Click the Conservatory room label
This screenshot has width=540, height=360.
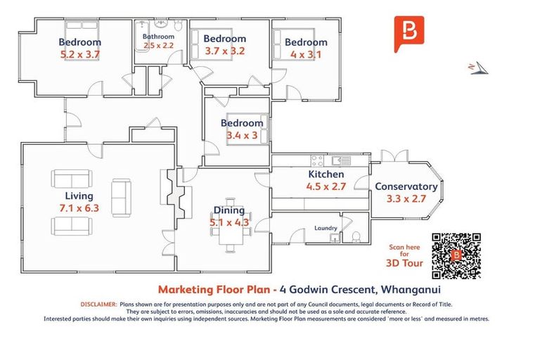[x=406, y=186]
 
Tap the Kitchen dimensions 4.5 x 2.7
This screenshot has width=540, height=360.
[x=326, y=187]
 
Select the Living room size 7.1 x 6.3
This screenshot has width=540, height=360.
[x=79, y=208]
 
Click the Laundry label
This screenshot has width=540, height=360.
[x=326, y=228]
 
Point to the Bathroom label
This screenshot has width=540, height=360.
[x=158, y=36]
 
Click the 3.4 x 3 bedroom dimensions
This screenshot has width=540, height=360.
[x=242, y=135]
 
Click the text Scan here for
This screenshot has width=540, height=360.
[x=406, y=251]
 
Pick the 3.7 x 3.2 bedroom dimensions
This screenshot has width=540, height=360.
[x=225, y=51]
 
